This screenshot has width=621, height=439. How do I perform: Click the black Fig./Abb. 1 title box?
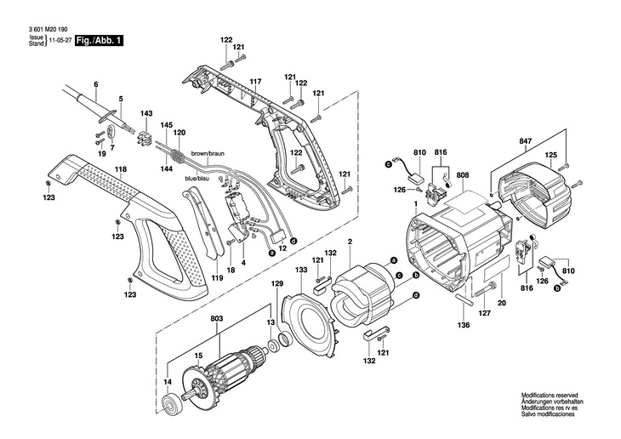click(x=100, y=41)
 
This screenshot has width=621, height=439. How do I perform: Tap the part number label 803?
click(x=217, y=318)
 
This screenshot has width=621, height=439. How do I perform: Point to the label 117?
click(x=256, y=82)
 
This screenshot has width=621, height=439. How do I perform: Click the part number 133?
click(x=301, y=270)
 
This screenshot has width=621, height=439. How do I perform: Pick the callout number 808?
click(x=463, y=174)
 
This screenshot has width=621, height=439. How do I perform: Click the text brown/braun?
click(x=208, y=153)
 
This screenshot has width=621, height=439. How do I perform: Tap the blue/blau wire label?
click(x=197, y=179)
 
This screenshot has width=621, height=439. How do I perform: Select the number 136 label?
click(x=464, y=325)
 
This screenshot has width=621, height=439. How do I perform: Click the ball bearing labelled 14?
click(x=173, y=405)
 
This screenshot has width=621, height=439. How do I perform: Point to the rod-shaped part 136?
click(x=464, y=299)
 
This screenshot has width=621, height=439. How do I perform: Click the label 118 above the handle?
click(x=121, y=169)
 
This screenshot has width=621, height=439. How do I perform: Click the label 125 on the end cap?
click(x=551, y=155)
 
